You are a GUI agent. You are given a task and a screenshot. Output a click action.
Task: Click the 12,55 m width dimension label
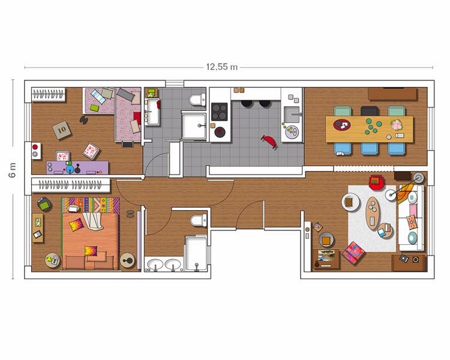222,67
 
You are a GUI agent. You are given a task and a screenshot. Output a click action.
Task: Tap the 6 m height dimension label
13,170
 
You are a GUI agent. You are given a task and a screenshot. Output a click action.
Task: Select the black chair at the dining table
369,111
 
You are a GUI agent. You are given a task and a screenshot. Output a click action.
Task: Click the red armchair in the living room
376,182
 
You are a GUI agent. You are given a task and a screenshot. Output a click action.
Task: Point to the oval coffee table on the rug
372,213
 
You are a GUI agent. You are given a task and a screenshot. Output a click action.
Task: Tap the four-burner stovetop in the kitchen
220,112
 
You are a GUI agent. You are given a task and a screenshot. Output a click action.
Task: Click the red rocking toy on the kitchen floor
269,142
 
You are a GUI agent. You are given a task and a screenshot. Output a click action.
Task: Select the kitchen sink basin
292,115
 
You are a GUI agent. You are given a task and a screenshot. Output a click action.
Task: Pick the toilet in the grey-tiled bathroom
197,100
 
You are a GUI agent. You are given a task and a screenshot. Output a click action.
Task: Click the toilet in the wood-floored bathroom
199,220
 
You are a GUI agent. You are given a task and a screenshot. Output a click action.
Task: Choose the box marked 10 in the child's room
62,130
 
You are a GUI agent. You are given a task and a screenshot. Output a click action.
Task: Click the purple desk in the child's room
77,167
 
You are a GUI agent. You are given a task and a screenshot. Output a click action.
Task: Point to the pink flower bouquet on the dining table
397,125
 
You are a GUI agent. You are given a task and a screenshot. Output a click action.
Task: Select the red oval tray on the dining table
342,125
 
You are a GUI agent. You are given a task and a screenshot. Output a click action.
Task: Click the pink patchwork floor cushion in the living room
353,253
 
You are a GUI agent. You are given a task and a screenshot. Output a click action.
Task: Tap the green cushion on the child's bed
94,108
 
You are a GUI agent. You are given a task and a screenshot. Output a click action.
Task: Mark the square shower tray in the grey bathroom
194,126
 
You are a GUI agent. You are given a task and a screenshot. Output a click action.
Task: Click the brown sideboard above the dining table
392,94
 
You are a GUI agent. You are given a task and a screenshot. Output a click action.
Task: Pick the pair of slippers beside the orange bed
130,214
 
